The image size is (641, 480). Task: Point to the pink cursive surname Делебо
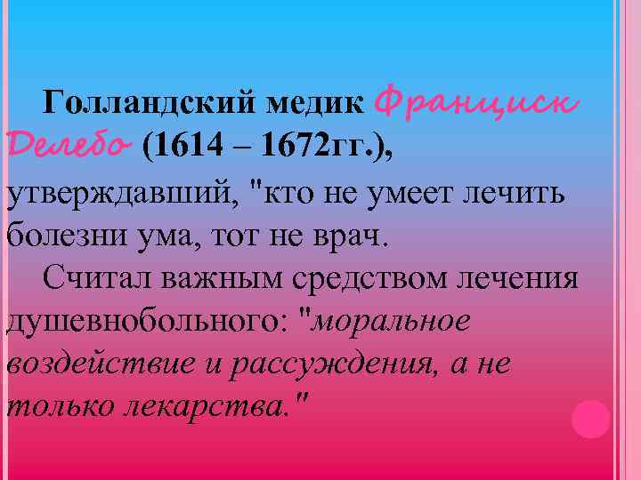coord(69,144)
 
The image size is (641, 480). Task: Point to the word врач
coord(355,237)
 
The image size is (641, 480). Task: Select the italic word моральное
coord(393,321)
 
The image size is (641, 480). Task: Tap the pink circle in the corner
coord(589,417)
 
